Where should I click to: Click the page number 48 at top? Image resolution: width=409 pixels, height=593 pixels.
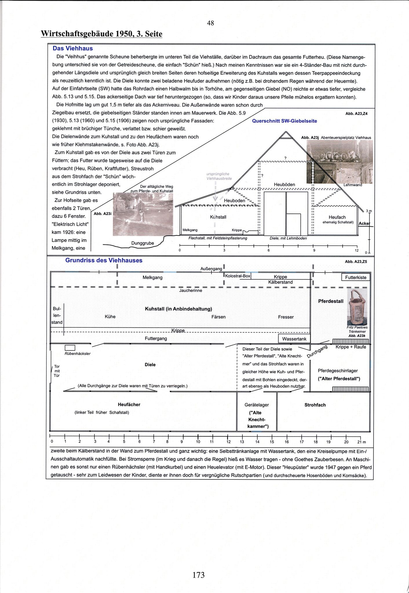(211, 23)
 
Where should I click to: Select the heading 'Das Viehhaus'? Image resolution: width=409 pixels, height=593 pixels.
(73, 48)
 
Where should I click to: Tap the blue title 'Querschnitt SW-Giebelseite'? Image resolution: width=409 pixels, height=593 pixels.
(284, 121)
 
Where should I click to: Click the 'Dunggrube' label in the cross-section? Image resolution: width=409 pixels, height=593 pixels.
(143, 243)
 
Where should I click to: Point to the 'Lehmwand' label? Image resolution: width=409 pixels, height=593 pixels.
(353, 185)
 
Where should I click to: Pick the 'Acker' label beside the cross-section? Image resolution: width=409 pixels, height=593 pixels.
(364, 224)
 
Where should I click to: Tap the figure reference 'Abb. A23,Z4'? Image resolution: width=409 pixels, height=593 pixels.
(356, 114)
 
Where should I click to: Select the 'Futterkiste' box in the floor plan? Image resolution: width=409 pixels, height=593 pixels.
(356, 277)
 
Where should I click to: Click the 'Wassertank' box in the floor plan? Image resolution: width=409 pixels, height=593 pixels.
(294, 339)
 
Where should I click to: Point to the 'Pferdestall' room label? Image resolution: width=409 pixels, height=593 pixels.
(331, 301)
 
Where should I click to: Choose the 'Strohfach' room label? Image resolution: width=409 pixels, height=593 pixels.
(315, 405)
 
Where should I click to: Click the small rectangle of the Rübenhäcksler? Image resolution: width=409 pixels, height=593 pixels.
(70, 348)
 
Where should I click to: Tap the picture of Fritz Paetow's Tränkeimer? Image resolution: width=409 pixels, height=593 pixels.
(357, 307)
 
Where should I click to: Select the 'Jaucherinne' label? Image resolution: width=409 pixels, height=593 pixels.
(191, 291)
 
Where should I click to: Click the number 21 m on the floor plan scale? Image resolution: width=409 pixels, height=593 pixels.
(361, 442)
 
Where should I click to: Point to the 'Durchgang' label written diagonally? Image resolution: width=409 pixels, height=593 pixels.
(317, 351)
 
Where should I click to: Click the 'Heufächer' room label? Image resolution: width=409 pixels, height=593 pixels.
(129, 405)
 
